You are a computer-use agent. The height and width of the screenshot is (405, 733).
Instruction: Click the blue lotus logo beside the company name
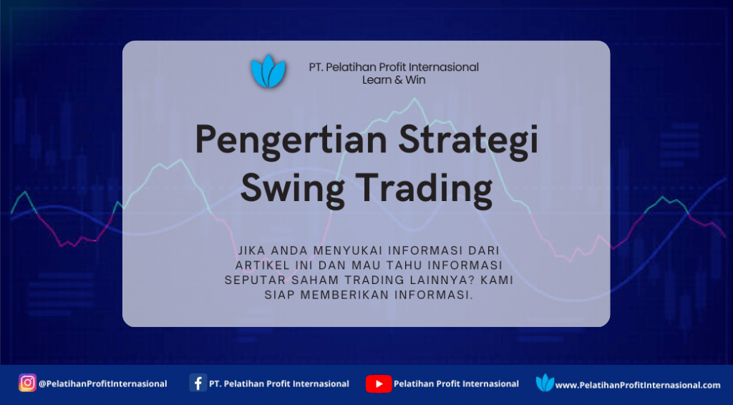(268, 71)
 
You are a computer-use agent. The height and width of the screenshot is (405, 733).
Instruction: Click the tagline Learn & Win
(394, 80)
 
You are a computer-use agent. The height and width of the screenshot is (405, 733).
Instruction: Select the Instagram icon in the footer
(28, 383)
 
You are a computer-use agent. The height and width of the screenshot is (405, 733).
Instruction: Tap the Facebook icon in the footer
(198, 383)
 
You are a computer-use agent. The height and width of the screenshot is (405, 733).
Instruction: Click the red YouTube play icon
(379, 384)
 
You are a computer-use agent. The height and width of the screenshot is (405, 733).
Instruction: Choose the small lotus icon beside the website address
(545, 383)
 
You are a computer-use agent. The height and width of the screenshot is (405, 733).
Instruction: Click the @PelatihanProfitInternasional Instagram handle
(103, 384)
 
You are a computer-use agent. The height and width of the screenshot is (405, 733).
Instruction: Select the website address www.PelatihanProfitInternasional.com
(638, 386)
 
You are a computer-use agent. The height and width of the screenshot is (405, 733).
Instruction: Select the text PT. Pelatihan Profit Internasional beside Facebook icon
(279, 384)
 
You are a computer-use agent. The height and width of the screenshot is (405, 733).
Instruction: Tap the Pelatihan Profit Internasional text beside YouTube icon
(456, 384)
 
